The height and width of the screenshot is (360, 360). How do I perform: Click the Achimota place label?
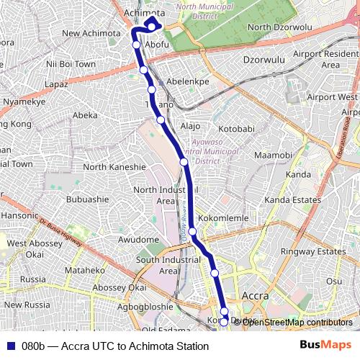click(x=145, y=13)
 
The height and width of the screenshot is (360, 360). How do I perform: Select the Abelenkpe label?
click(x=187, y=81)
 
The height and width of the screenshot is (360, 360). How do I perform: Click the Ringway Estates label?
click(x=313, y=251)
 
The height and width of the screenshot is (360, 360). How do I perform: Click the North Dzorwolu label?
click(x=279, y=27)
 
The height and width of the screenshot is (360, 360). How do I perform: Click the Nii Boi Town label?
click(x=71, y=64)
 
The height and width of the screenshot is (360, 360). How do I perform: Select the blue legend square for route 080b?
click(x=9, y=346)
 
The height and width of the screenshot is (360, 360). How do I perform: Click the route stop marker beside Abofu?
click(x=137, y=45)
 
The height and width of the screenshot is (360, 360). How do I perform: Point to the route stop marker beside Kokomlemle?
click(x=193, y=231)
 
